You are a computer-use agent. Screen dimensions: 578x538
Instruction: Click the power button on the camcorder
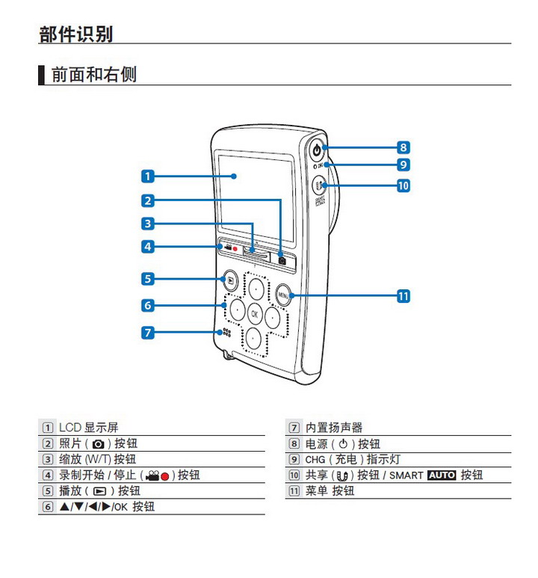click(317, 150)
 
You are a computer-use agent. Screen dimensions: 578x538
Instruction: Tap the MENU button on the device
click(283, 295)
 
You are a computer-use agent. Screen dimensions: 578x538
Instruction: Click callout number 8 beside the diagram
click(403, 148)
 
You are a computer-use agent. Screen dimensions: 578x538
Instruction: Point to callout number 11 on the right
click(403, 296)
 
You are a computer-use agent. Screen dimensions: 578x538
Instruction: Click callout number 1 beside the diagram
click(148, 176)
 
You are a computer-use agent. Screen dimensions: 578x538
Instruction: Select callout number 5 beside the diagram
click(148, 279)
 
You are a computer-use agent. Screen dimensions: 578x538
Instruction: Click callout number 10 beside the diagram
click(403, 185)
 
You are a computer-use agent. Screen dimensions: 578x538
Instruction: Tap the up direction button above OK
click(256, 288)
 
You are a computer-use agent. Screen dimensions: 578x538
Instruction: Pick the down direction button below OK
click(254, 338)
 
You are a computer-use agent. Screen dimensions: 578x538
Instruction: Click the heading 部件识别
click(75, 34)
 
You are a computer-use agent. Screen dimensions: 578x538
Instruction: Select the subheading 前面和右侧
click(93, 75)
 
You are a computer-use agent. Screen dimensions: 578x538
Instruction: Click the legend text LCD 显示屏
click(88, 428)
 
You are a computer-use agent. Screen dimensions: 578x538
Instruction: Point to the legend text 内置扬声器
click(334, 428)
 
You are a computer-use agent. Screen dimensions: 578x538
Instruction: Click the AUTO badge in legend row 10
click(441, 475)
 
